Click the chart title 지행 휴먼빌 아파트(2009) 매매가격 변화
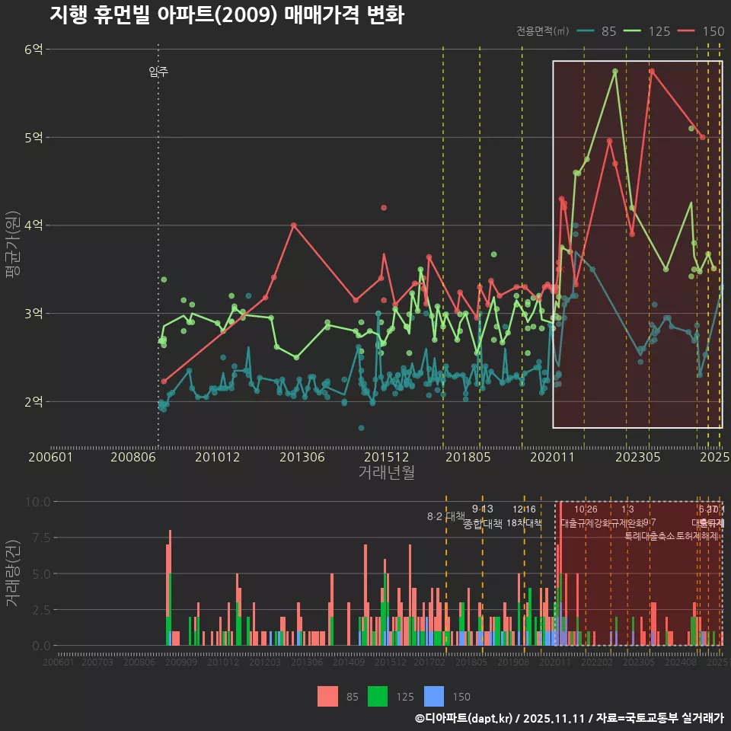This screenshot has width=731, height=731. coord(227,14)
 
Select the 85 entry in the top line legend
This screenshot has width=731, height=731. coord(599,31)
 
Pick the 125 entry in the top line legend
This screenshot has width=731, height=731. coord(648,31)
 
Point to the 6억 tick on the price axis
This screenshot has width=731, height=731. coord(34,49)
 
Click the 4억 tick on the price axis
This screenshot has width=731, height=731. coord(34,225)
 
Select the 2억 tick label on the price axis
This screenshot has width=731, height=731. coord(34,401)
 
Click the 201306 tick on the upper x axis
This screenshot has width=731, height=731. coord(302,457)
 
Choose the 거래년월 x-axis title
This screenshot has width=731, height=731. coord(386,473)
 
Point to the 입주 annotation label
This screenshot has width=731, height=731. coord(158,72)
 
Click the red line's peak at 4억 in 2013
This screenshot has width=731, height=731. coord(293,225)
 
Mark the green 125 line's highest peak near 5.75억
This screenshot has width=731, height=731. coord(614,71)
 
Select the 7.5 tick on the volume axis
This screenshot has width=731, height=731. coord(40,538)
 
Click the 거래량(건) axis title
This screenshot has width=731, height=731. coord(13,573)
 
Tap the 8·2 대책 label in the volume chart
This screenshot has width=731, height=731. coord(445,516)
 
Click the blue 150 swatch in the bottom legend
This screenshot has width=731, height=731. coord(434,696)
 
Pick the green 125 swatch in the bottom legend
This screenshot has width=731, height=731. coord(378,696)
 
